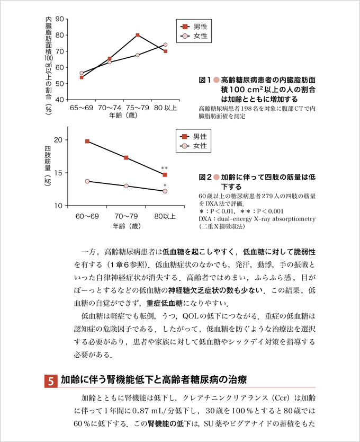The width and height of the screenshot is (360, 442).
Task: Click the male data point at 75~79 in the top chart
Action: (138, 35)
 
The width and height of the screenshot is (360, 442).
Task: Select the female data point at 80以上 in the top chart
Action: (165, 45)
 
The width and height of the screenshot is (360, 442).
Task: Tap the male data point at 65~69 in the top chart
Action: (82, 77)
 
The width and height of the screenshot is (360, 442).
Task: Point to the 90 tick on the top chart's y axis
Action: (60, 19)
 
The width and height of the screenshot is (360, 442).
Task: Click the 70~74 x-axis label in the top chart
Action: (110, 107)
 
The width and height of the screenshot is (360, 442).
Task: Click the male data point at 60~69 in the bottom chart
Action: (87, 142)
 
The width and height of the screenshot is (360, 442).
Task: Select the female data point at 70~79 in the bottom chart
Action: (126, 186)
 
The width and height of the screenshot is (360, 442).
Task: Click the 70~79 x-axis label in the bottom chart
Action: (126, 216)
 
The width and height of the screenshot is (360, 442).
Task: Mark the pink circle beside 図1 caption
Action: (216, 79)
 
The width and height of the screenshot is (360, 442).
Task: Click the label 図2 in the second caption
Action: (205, 176)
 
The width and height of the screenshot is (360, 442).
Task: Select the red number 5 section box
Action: (51, 381)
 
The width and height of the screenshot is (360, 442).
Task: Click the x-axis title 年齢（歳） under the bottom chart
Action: (126, 226)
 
